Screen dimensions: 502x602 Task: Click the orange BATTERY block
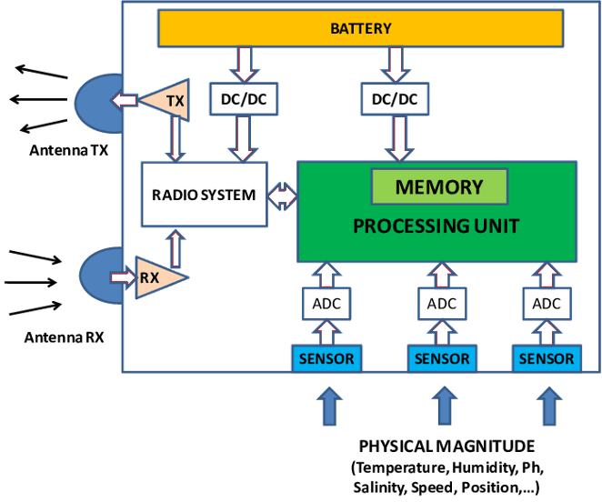[x=360, y=29]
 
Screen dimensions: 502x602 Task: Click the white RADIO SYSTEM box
[x=204, y=195]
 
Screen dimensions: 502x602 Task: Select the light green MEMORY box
[x=438, y=187]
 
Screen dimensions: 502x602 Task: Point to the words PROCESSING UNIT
[x=437, y=225]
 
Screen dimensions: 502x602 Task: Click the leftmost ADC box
[x=326, y=304]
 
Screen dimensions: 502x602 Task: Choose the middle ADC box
[x=442, y=304]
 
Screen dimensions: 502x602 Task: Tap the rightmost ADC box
[x=547, y=304]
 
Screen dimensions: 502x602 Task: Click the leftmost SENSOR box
[x=326, y=358]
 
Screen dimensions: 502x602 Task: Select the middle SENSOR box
[x=442, y=358]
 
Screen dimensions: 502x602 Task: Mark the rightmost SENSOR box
[x=547, y=358]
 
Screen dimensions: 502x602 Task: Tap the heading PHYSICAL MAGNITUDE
[x=446, y=447]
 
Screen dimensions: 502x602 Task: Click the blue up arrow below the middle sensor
[x=443, y=405]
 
